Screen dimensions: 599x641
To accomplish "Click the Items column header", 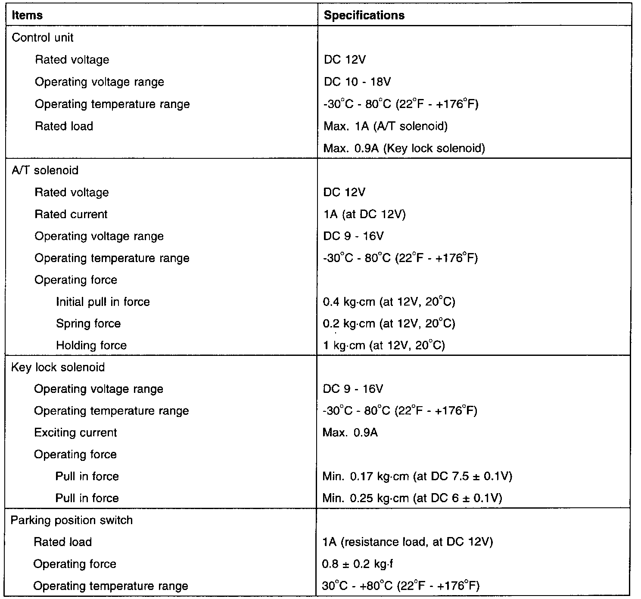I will tap(27, 15).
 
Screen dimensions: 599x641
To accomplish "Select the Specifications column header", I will tap(364, 15).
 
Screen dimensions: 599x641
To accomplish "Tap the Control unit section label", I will tap(42, 38).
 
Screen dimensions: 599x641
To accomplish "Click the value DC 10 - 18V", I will tap(357, 82).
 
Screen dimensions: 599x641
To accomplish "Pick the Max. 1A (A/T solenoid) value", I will tap(385, 126).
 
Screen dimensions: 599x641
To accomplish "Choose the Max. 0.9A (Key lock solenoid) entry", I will tap(404, 148).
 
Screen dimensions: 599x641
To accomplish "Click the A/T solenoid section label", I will tap(45, 170).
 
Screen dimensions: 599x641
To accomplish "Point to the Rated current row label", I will tap(71, 214).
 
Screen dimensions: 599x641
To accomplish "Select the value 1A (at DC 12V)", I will tap(364, 214).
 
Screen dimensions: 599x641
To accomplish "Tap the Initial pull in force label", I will tap(103, 302).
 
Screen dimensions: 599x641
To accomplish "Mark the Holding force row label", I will tap(91, 346).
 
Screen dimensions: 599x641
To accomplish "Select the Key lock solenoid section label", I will tap(58, 367).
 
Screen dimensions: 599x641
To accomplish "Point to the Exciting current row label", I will tap(75, 432).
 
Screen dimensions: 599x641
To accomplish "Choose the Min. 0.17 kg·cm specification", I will tap(417, 476).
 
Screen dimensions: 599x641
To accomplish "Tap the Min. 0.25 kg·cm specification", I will tap(412, 498).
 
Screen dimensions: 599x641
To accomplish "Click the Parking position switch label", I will tap(72, 520).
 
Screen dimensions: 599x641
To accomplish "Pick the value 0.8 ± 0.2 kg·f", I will tap(357, 564).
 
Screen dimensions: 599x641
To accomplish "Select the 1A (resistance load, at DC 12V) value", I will tap(407, 542).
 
